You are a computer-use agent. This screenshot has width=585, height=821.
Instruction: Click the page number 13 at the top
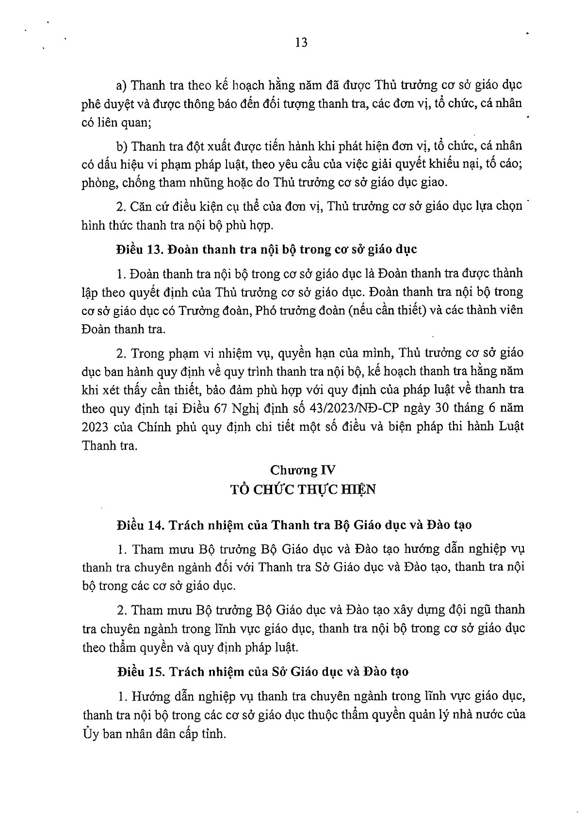301,43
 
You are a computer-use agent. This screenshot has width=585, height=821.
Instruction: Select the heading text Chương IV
303,470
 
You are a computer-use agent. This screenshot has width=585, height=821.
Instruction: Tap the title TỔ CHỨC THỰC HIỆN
303,489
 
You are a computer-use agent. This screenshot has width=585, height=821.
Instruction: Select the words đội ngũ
464,610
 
